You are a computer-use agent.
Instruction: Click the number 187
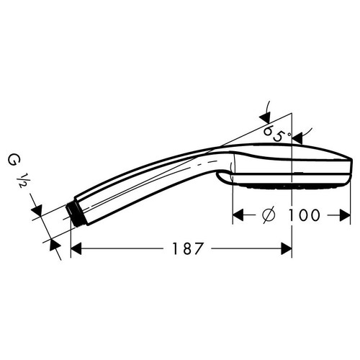(x=185, y=248)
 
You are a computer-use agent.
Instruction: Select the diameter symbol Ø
(x=267, y=215)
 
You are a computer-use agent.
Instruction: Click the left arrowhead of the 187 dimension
(x=78, y=248)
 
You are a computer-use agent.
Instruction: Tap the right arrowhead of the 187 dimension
(x=286, y=248)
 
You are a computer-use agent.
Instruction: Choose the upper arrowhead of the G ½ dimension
(x=37, y=210)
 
